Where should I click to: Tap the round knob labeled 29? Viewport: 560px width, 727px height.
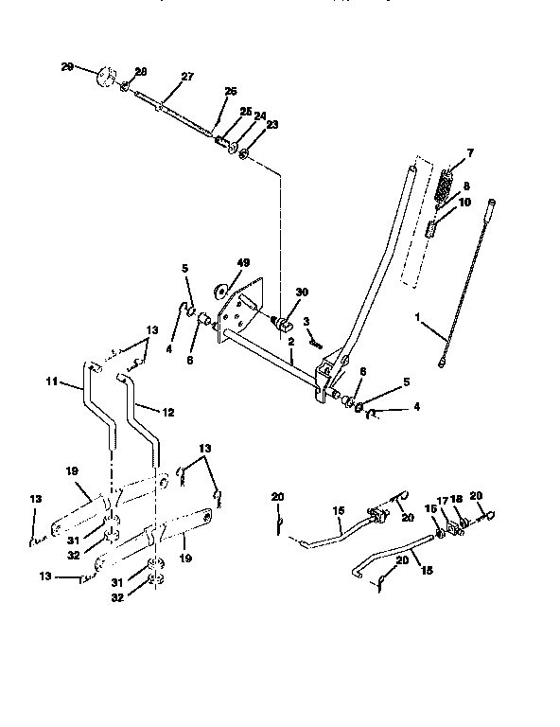[x=106, y=77]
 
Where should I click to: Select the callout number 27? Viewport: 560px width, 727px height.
[x=186, y=77]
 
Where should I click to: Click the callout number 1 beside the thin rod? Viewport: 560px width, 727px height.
[x=418, y=317]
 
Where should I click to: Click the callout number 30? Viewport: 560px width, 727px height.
[x=302, y=293]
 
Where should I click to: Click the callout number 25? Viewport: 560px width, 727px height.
[x=245, y=112]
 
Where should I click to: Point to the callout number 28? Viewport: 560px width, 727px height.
[x=140, y=72]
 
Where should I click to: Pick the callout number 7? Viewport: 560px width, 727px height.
[x=471, y=152]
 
